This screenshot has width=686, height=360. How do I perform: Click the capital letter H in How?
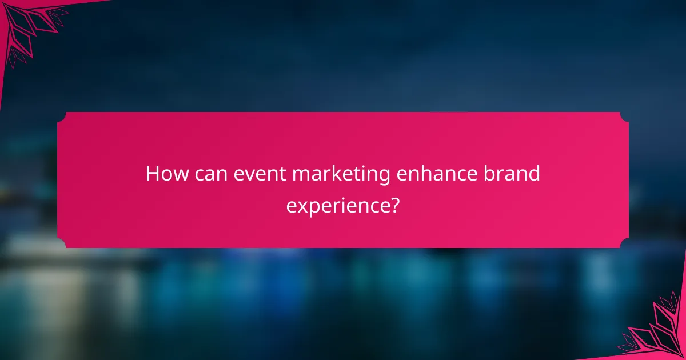(x=153, y=173)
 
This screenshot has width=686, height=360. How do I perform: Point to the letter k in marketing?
(x=335, y=173)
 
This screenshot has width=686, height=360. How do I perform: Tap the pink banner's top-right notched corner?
(x=625, y=116)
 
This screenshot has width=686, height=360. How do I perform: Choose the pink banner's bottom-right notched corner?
(x=625, y=244)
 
